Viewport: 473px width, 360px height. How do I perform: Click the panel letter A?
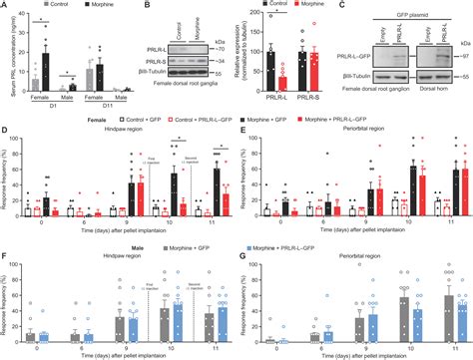4,6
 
